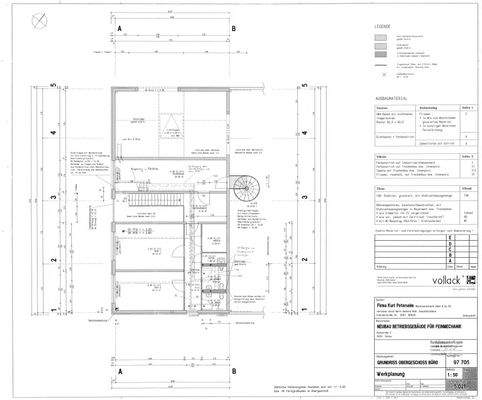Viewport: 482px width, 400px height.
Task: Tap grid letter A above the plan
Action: coord(119,31)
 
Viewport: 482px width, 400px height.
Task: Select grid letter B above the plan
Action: coord(233,31)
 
